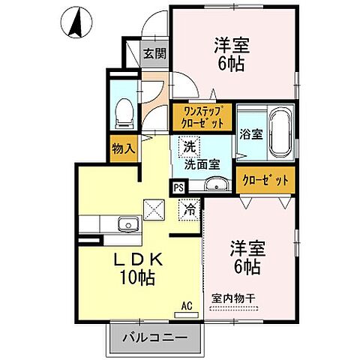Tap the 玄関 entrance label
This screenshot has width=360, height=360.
pos(155,54)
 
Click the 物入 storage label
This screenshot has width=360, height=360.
pos(123,148)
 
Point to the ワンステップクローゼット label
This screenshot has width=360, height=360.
pos(201,116)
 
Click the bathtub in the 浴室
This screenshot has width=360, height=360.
pos(281,133)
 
